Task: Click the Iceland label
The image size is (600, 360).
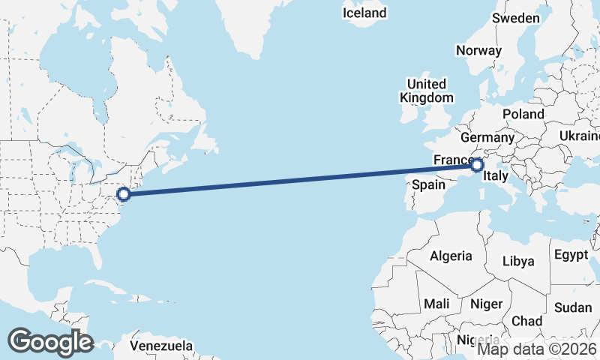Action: pos(364,13)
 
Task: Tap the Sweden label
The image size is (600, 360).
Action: pos(516,18)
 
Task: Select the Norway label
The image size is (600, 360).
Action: pos(478,51)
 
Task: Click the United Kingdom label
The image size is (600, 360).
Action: pos(427,91)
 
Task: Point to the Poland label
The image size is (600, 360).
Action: pos(523,114)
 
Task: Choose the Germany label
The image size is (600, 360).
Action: pos(487,138)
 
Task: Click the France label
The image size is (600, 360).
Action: pos(451,160)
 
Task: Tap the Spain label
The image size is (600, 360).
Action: pos(429,184)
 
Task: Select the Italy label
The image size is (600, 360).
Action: pos(496,177)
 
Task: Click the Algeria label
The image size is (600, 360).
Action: pos(451,256)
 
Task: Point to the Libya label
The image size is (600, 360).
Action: pos(519,261)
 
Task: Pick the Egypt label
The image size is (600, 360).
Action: pos(571,255)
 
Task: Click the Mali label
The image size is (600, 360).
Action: pos(436,304)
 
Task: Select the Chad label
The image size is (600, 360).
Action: pos(526,320)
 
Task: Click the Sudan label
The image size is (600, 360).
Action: pos(573,307)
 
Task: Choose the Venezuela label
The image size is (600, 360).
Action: pos(161,346)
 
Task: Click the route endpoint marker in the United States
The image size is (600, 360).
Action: pos(124,195)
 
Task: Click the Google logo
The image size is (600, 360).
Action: pos(50,341)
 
